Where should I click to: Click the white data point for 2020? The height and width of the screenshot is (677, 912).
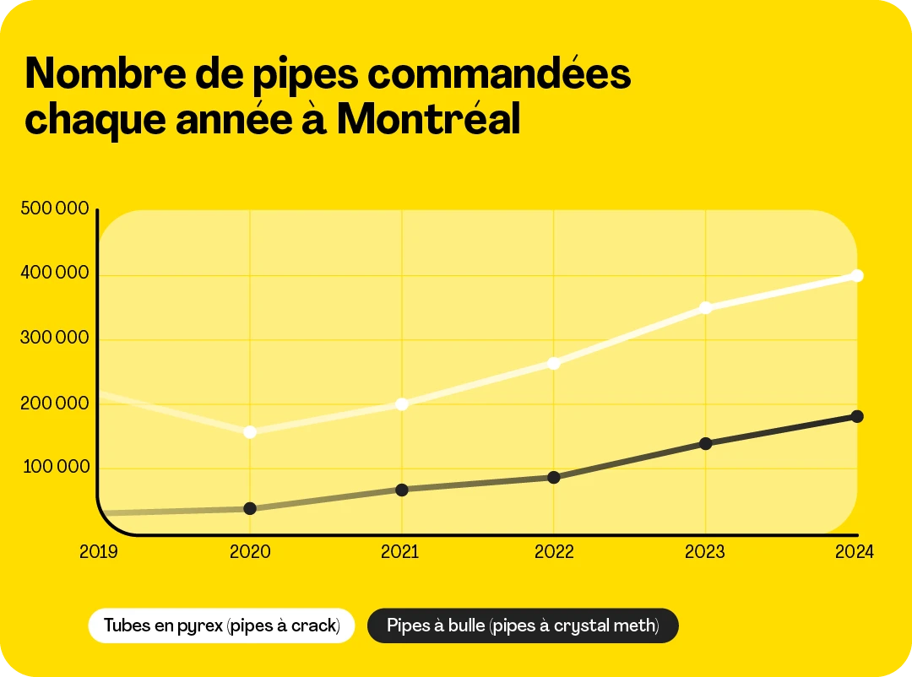250,432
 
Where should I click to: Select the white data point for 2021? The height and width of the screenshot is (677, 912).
402,404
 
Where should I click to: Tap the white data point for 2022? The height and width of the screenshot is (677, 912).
554,364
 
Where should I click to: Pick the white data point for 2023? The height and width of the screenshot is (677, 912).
706,308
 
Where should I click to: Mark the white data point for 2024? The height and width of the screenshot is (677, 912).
857,276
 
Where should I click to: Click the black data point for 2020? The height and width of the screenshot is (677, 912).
250,509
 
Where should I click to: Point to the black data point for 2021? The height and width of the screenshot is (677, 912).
402,490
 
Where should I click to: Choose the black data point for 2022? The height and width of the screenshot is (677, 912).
554,478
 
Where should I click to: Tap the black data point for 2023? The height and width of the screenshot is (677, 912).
706,444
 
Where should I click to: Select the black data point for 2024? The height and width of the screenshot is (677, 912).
857,416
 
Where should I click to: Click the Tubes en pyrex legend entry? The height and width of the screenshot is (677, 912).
221,626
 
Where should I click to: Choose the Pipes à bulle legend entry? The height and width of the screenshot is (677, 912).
522,626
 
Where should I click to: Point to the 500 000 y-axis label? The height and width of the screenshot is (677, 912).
55,209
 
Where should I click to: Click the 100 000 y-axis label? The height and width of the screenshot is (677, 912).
55,467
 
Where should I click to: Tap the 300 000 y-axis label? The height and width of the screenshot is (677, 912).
55,338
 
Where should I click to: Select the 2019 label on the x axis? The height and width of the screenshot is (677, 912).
99,552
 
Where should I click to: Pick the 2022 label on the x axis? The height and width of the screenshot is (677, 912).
554,552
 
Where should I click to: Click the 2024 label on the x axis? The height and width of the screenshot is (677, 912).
854,552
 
